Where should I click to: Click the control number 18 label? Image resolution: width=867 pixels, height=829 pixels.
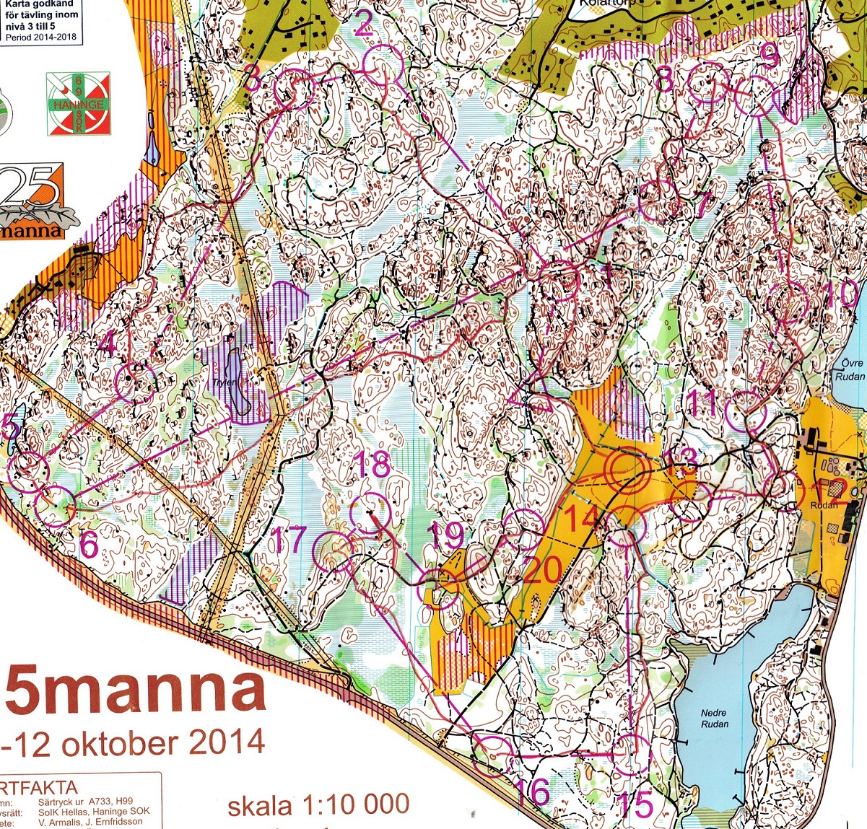coord(373,465)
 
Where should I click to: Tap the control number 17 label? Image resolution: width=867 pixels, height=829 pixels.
coord(289,540)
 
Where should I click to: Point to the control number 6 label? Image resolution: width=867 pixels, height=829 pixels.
coord(88,545)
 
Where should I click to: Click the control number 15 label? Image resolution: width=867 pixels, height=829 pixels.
coord(636,804)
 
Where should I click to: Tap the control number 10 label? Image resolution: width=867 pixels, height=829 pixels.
coord(842,294)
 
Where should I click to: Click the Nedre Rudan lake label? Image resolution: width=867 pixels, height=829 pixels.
coord(714,719)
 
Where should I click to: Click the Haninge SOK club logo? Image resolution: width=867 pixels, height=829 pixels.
coord(79,104)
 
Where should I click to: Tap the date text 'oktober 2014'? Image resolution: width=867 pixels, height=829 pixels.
coord(163,742)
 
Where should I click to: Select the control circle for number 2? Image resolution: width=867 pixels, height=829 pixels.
coord(382,63)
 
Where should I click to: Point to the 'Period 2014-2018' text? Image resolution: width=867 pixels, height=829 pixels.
coord(42,38)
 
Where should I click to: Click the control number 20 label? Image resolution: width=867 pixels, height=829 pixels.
coord(541,571)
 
